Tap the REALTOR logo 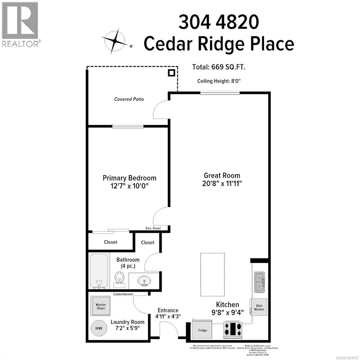(x=20, y=24)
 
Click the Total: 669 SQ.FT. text (x=219, y=67)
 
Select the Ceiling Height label (x=219, y=81)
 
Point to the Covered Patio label (x=129, y=99)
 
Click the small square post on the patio (x=171, y=73)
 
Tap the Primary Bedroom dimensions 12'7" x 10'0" (x=129, y=186)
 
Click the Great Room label (x=222, y=175)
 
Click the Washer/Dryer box (x=101, y=306)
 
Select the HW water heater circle (x=99, y=328)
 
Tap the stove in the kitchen (x=233, y=329)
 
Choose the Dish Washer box (x=259, y=307)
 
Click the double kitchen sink (x=259, y=282)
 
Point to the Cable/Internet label (x=123, y=294)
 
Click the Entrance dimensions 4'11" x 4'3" (x=168, y=316)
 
